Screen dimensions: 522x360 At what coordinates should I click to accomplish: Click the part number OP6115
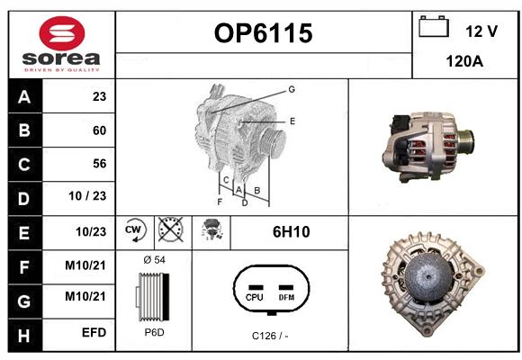tap(264, 33)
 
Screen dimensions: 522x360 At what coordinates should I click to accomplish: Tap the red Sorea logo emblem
tap(62, 33)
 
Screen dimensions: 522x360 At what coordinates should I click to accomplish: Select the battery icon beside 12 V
tap(434, 26)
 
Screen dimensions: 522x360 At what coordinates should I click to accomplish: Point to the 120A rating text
tap(464, 61)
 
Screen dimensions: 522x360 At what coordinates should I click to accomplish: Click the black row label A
tap(24, 97)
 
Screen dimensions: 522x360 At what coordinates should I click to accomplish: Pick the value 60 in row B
tap(99, 130)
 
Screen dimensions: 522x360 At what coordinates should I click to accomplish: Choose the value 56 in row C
tap(100, 164)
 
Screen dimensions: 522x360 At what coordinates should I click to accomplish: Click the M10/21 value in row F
tap(85, 265)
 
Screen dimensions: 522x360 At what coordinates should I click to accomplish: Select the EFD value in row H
tap(94, 332)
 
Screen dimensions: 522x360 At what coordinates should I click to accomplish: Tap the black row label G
tap(24, 301)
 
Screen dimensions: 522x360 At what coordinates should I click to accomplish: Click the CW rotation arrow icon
tap(135, 230)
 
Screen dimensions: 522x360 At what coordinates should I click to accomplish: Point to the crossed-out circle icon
tap(171, 229)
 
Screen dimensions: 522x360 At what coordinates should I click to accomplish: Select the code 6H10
tap(292, 232)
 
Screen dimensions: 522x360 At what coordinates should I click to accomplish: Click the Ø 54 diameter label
tap(154, 260)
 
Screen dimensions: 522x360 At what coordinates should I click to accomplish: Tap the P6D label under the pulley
tap(154, 332)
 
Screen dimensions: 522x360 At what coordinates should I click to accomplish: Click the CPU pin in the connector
tap(255, 293)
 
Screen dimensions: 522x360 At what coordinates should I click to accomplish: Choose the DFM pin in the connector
tap(286, 293)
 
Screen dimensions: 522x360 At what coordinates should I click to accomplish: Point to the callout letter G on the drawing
tap(292, 89)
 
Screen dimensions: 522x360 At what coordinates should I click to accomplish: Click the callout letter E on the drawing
tap(292, 121)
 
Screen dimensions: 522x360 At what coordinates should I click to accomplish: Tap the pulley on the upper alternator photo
tap(465, 141)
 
